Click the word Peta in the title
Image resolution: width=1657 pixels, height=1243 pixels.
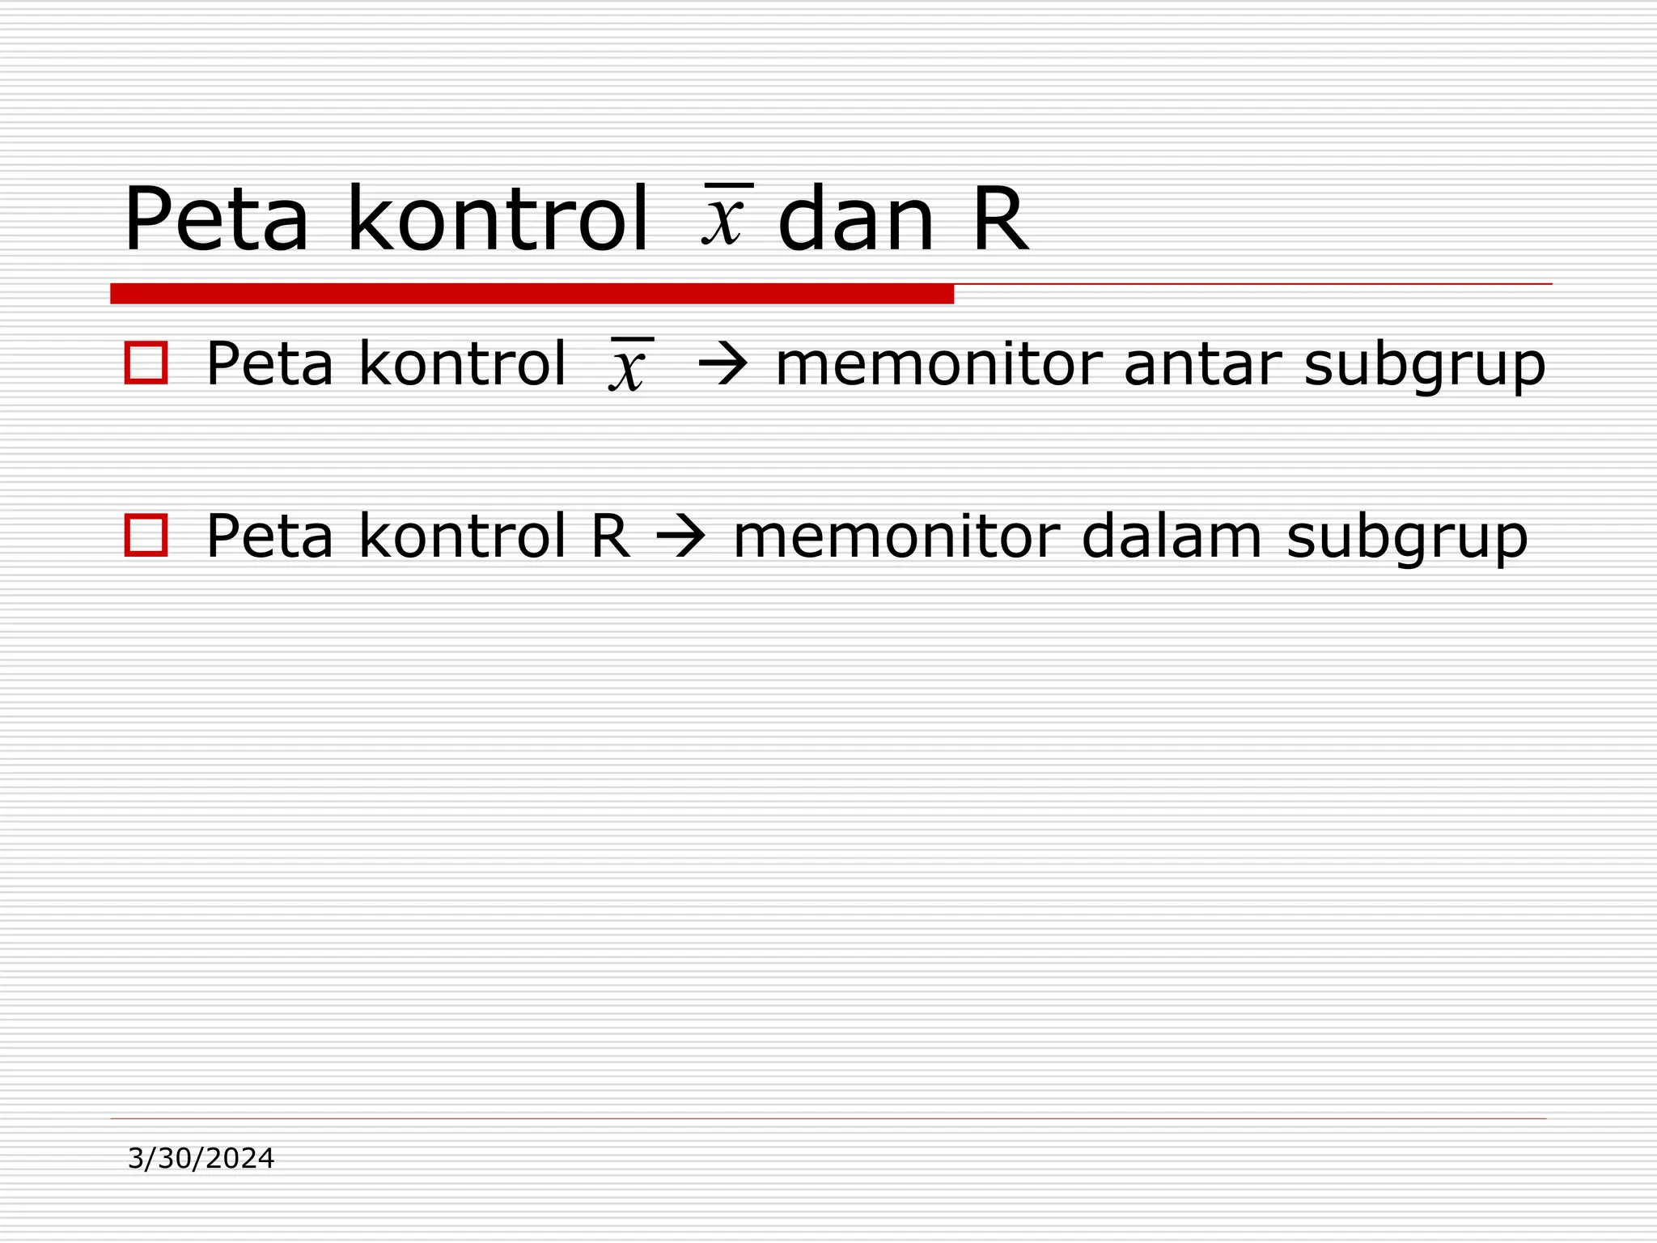click(x=216, y=220)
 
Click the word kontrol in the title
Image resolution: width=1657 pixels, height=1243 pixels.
click(x=497, y=220)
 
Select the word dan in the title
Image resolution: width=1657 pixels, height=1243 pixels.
click(x=856, y=220)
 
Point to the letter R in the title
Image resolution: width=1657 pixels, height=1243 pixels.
click(x=1000, y=220)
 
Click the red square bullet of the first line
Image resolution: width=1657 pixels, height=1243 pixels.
click(x=146, y=363)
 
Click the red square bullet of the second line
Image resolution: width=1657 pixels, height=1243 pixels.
click(x=146, y=535)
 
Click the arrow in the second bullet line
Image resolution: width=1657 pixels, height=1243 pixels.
click(x=680, y=537)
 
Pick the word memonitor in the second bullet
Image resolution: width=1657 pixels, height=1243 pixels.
click(x=896, y=537)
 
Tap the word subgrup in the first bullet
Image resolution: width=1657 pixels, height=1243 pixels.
click(x=1425, y=366)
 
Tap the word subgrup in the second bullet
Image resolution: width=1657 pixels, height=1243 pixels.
click(x=1407, y=538)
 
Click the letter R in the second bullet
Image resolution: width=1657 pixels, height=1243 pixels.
click(x=611, y=537)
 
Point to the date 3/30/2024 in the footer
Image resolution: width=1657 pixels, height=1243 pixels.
click(x=201, y=1159)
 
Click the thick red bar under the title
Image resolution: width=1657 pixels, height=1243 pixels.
click(x=532, y=294)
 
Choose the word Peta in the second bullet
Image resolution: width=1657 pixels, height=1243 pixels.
click(x=269, y=537)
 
